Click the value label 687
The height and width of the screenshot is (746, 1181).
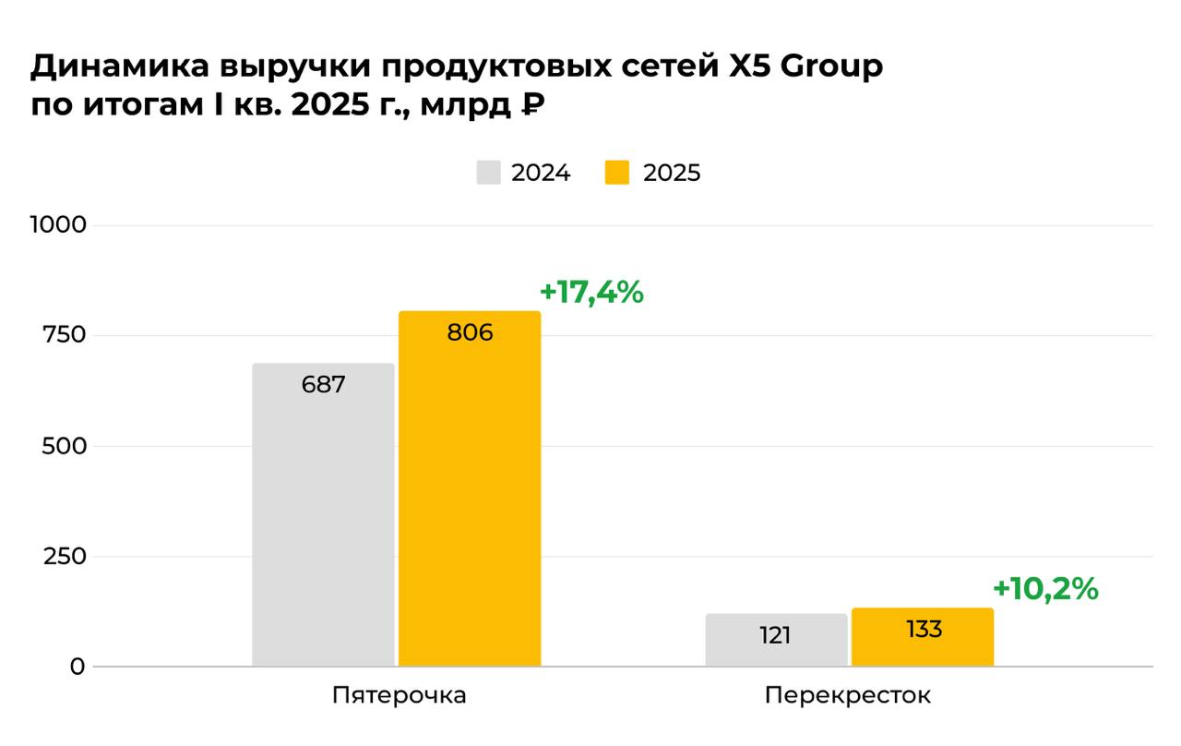[x=323, y=385]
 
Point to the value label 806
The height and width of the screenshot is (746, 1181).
[x=470, y=333]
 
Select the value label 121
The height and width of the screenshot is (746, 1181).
[x=776, y=636]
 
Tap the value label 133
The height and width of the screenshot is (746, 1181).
[x=924, y=630]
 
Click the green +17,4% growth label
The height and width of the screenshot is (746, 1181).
[x=591, y=293]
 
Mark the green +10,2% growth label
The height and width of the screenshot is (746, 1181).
[x=1045, y=589]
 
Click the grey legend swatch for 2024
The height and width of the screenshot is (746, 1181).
[x=488, y=173]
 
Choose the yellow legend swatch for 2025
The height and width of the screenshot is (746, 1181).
[x=617, y=173]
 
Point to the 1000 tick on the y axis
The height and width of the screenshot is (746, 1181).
[x=58, y=225]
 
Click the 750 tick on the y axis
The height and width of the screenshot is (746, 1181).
[x=65, y=335]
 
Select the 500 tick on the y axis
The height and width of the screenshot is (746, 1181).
[x=65, y=446]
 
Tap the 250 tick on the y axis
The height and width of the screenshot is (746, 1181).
[x=65, y=557]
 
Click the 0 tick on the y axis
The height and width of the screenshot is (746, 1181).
[x=78, y=667]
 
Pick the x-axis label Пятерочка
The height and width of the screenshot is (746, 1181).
[x=399, y=696]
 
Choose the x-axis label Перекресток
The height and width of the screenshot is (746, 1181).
[x=848, y=696]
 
